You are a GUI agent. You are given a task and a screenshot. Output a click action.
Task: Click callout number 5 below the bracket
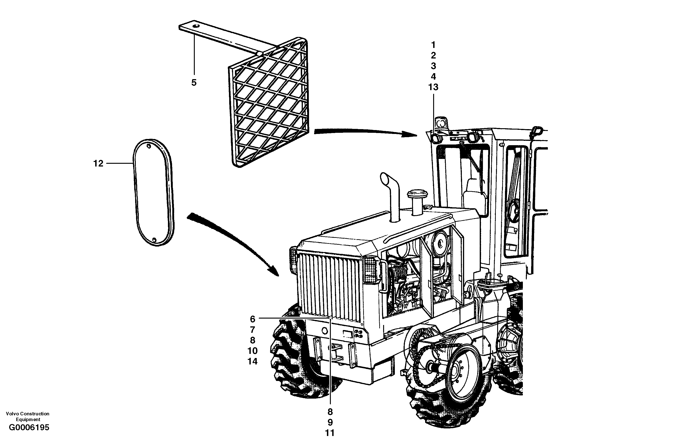(194, 83)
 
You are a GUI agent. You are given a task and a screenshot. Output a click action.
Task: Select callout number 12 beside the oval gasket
(98, 164)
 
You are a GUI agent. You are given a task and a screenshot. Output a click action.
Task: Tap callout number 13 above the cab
(433, 87)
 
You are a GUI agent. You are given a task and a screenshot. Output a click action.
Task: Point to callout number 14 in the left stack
(253, 361)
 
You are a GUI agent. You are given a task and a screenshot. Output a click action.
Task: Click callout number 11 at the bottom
(330, 433)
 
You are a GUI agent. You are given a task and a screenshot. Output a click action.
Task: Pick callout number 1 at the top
(433, 45)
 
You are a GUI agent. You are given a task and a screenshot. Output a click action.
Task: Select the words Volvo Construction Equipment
(28, 416)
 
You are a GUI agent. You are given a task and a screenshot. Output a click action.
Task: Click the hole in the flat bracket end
(196, 26)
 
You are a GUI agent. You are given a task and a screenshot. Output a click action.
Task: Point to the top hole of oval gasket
(149, 147)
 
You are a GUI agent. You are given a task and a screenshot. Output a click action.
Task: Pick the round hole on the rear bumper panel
(325, 331)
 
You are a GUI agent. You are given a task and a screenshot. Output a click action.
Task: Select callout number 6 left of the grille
(253, 319)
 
